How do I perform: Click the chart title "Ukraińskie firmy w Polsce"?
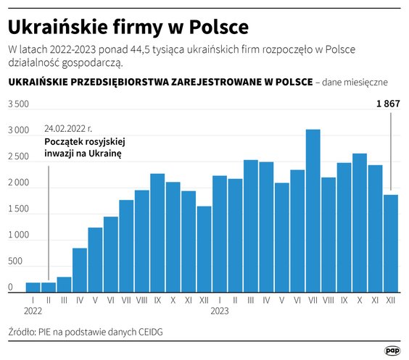pyautogui.click(x=128, y=27)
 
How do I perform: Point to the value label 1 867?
pyautogui.click(x=388, y=104)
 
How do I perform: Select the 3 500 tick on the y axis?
pyautogui.click(x=18, y=105)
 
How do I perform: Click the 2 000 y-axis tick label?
pyautogui.click(x=18, y=183)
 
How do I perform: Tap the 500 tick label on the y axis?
pyautogui.click(x=14, y=261)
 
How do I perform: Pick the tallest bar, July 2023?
pyautogui.click(x=313, y=210)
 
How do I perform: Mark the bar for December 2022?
pyautogui.click(x=204, y=248)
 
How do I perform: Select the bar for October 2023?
pyautogui.click(x=360, y=222)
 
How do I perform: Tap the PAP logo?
pyautogui.click(x=392, y=350)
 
